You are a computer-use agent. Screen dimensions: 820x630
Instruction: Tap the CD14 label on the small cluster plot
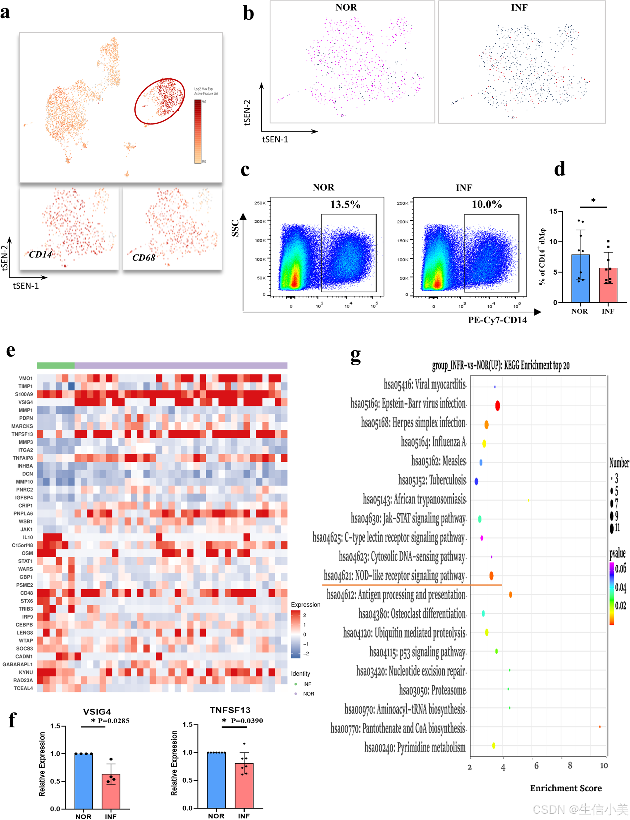[40, 255]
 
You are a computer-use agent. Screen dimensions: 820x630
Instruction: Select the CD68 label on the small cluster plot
[144, 258]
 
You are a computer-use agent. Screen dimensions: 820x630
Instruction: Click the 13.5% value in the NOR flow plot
[345, 205]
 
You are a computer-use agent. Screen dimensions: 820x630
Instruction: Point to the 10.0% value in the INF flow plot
[486, 205]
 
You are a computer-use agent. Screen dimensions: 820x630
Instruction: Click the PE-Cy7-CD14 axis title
[497, 320]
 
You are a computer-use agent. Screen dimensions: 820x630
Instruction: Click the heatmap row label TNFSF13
[22, 434]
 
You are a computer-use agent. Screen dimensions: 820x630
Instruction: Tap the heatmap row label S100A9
[23, 394]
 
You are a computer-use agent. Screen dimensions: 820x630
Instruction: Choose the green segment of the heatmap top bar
[56, 365]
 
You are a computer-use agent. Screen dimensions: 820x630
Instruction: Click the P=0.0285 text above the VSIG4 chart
[113, 721]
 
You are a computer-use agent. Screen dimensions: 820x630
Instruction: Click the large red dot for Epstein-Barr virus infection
[497, 405]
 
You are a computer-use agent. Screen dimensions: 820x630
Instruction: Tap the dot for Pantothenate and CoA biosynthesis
[600, 726]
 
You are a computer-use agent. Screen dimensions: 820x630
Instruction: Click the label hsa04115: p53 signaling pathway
[417, 652]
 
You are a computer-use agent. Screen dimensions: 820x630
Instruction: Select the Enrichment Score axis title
[565, 788]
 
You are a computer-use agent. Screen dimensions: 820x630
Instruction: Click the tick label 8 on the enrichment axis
[570, 766]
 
